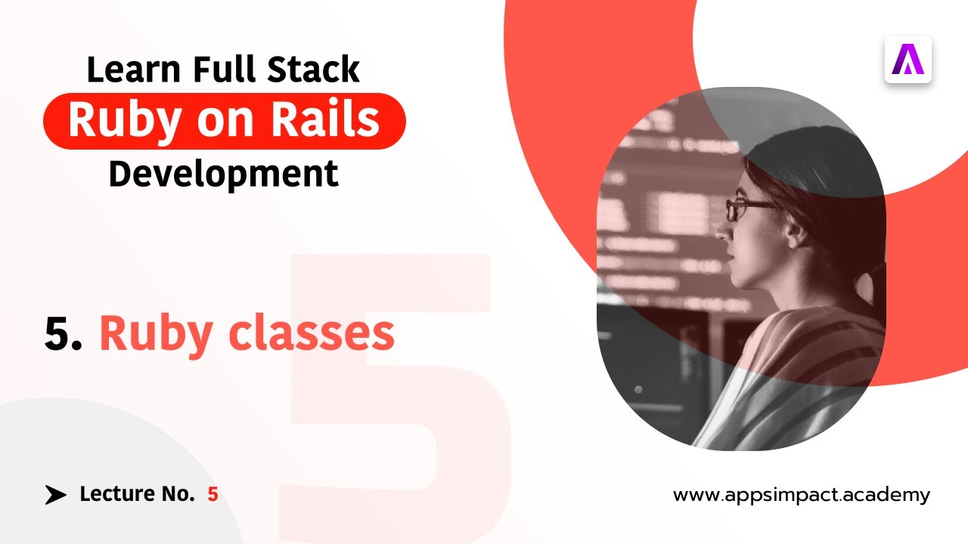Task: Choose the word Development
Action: (223, 174)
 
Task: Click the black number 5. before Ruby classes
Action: (64, 333)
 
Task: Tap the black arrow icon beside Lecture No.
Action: (55, 495)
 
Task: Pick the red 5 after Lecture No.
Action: (213, 495)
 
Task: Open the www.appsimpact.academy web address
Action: (801, 496)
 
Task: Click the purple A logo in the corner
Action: (907, 60)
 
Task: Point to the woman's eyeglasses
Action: (745, 209)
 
